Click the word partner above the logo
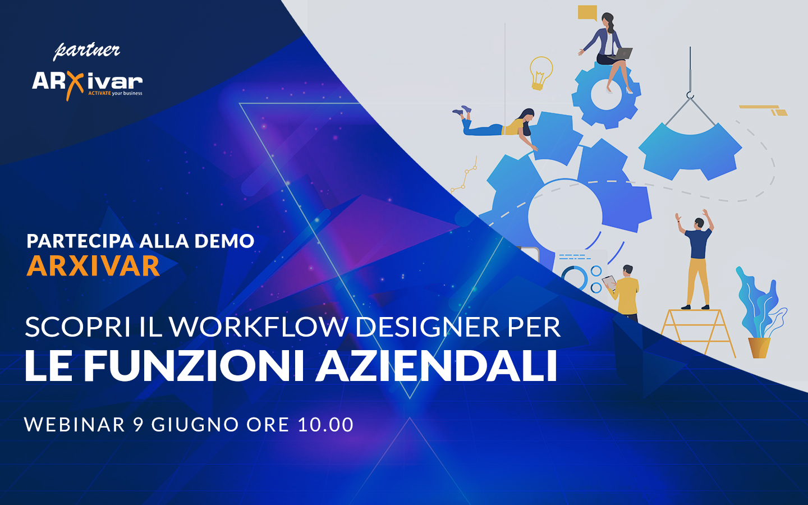click(86, 51)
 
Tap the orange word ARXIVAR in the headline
click(93, 266)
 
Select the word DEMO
click(224, 241)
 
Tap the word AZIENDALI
click(436, 366)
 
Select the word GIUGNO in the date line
click(195, 425)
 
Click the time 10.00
click(325, 425)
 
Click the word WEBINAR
click(75, 425)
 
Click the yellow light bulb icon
click(541, 73)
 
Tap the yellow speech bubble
click(587, 13)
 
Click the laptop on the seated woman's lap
click(621, 53)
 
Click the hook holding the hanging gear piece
click(690, 95)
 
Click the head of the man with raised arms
click(699, 223)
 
